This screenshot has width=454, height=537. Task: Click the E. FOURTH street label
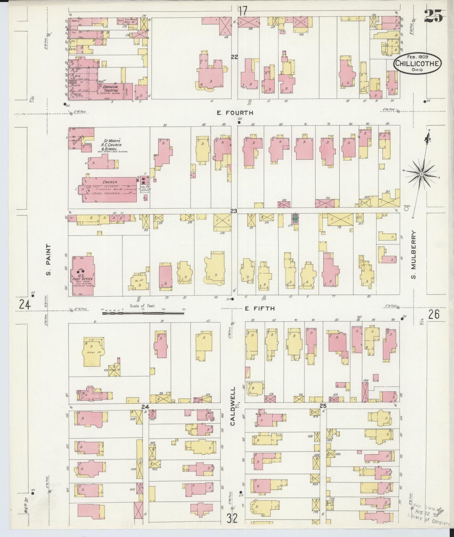pyautogui.click(x=235, y=113)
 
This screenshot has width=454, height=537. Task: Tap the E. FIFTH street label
pyautogui.click(x=260, y=308)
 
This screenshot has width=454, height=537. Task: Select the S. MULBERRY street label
pyautogui.click(x=413, y=255)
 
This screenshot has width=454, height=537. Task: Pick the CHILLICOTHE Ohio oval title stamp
pyautogui.click(x=418, y=63)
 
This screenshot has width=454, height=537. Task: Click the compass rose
pyautogui.click(x=421, y=174)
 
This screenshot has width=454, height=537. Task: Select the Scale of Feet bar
pyautogui.click(x=143, y=313)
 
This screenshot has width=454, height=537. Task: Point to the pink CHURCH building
pyautogui.click(x=110, y=190)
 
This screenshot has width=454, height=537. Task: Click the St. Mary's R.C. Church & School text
pyautogui.click(x=111, y=145)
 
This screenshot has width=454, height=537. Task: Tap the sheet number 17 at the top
pyautogui.click(x=242, y=11)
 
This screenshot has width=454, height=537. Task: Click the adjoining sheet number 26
pyautogui.click(x=434, y=314)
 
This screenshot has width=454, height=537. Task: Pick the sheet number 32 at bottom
pyautogui.click(x=232, y=518)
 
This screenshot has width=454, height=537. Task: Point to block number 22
pyautogui.click(x=234, y=57)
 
